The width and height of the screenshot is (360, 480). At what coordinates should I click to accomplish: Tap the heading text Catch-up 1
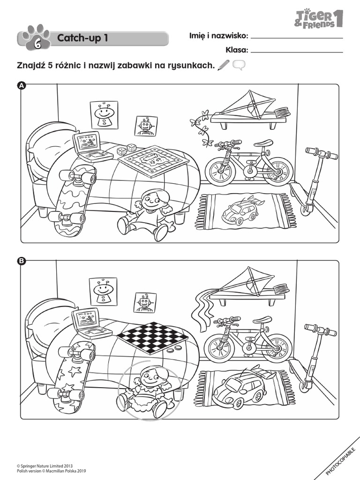(x=82, y=38)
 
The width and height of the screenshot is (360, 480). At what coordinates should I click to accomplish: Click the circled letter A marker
(x=21, y=85)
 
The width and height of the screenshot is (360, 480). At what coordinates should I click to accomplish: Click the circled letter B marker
(x=21, y=262)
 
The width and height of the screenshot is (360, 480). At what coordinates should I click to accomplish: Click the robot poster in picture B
(x=144, y=302)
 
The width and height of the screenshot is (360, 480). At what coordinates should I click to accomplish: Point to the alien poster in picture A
(x=104, y=114)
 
